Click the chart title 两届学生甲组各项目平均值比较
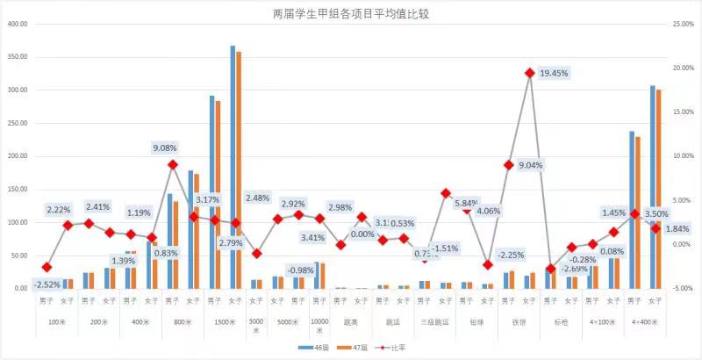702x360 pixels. click(x=351, y=14)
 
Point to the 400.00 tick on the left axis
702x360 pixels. click(x=18, y=24)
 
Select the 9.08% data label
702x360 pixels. click(x=166, y=148)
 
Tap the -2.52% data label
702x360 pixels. click(x=47, y=284)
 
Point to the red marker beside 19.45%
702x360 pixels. click(x=530, y=73)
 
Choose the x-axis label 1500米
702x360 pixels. click(x=224, y=322)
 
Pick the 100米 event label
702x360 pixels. click(x=56, y=322)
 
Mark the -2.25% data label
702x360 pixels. click(x=486, y=255)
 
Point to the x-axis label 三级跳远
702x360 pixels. click(x=434, y=322)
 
